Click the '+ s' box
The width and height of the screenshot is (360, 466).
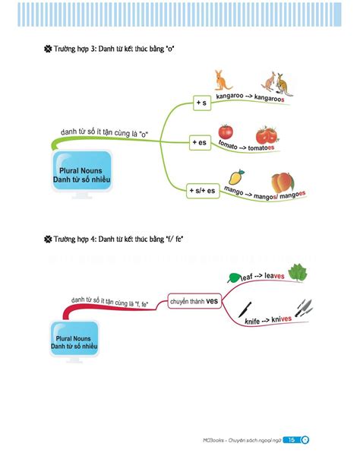[202, 103]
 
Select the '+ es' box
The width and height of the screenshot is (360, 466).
[200, 142]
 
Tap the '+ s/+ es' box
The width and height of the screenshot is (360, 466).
[203, 191]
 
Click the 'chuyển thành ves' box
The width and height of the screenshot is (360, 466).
[194, 301]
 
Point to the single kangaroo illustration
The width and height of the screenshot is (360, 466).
[223, 81]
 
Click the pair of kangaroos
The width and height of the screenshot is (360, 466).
[277, 84]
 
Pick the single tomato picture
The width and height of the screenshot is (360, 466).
[226, 132]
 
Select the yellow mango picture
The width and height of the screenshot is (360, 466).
[236, 177]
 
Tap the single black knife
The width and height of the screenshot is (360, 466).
[245, 309]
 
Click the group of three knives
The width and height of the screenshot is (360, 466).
[304, 308]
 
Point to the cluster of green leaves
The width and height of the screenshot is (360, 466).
[298, 272]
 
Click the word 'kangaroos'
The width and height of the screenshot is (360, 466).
[269, 98]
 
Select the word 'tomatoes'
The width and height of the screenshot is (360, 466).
[261, 147]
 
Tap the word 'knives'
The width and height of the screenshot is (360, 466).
[281, 319]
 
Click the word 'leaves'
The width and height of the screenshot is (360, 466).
[274, 276]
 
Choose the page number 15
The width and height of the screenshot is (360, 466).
[292, 440]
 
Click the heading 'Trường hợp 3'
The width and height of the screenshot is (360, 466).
[75, 49]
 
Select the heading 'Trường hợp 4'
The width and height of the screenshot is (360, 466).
[75, 239]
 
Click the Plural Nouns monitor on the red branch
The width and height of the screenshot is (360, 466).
[74, 341]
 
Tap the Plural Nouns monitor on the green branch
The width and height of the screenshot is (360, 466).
[82, 174]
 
